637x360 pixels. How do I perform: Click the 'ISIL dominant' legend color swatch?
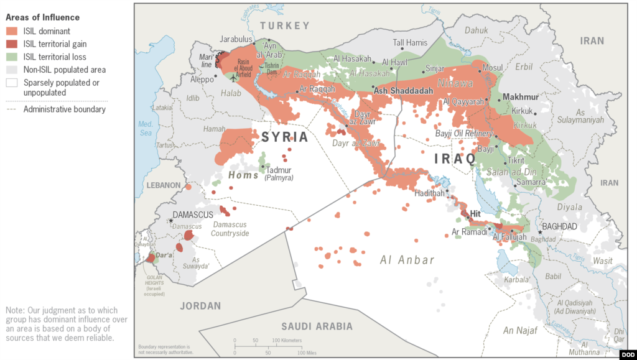(12, 31)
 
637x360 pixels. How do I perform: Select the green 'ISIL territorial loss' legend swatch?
(12, 57)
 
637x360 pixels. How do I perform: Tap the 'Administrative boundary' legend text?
(64, 109)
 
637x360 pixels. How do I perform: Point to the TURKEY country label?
(284, 25)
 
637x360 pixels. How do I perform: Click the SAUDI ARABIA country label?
(317, 326)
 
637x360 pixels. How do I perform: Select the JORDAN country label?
(200, 306)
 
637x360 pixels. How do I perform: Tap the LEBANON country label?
(163, 185)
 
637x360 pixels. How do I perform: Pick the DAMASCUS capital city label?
(193, 215)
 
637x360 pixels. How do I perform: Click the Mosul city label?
(493, 67)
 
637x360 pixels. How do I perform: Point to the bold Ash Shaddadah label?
(403, 90)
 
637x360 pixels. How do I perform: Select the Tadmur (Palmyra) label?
(279, 173)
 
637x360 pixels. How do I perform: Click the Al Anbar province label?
(407, 260)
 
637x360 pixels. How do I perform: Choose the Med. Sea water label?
(145, 128)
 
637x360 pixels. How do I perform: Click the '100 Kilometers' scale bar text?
(287, 340)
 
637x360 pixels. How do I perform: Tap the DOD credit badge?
(628, 353)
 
